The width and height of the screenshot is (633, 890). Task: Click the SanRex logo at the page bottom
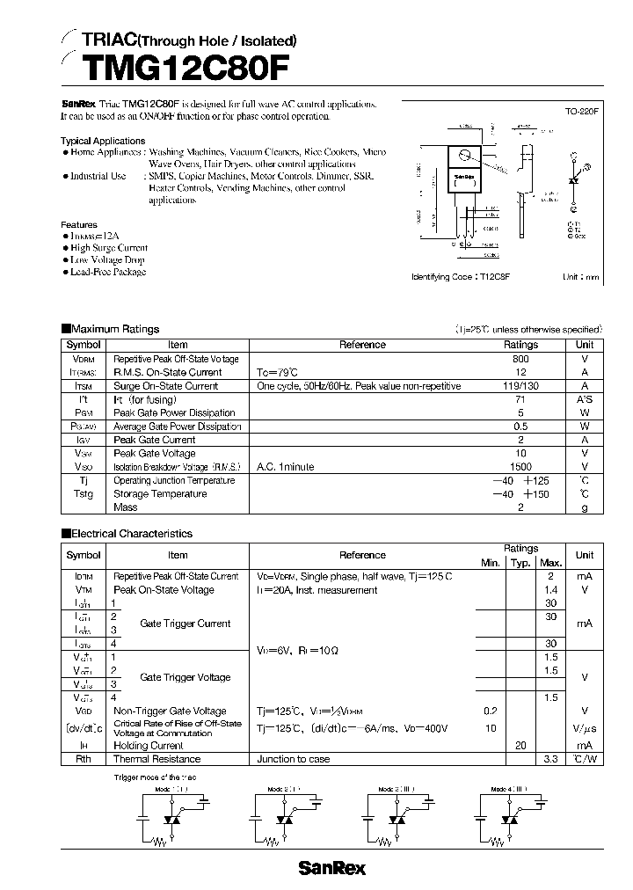pyautogui.click(x=331, y=868)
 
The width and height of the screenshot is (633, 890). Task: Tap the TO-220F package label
pyautogui.click(x=582, y=113)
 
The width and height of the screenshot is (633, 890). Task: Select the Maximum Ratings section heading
pyautogui.click(x=114, y=329)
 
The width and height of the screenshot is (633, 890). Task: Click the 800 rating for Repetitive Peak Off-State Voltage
pyautogui.click(x=520, y=359)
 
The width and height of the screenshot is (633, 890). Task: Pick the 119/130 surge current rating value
pyautogui.click(x=520, y=385)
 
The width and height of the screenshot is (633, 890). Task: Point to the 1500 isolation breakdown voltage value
pyautogui.click(x=520, y=467)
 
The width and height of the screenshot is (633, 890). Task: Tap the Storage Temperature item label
pyautogui.click(x=149, y=493)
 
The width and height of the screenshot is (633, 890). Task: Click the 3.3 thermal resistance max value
pyautogui.click(x=551, y=758)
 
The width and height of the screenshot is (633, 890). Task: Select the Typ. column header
pyautogui.click(x=521, y=562)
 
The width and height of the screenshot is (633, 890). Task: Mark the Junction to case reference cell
pyautogui.click(x=294, y=758)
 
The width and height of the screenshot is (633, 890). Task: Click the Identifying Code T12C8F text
pyautogui.click(x=461, y=276)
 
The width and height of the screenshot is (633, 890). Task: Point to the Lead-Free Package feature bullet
pyautogui.click(x=107, y=272)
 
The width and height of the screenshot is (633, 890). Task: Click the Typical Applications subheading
pyautogui.click(x=103, y=141)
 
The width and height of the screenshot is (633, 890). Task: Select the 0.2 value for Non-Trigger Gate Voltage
pyautogui.click(x=491, y=711)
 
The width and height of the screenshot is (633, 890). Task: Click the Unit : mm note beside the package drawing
pyautogui.click(x=580, y=276)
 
